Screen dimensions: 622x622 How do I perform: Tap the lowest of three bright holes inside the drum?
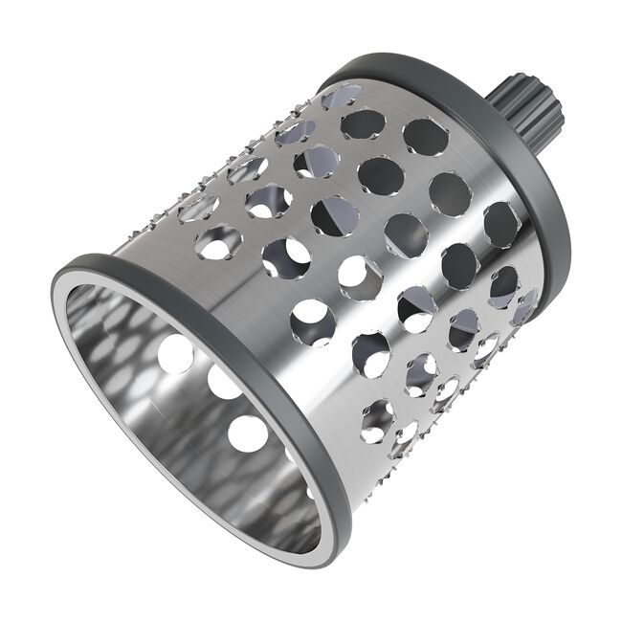point(248,433)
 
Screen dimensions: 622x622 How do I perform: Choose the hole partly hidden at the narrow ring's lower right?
point(524,306)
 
